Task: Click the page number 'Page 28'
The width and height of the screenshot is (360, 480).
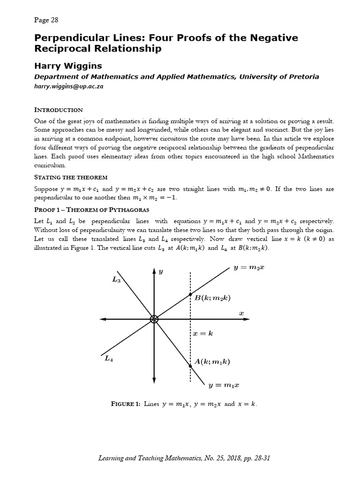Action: pyautogui.click(x=46, y=20)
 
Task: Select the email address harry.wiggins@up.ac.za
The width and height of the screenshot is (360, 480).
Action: pyautogui.click(x=68, y=87)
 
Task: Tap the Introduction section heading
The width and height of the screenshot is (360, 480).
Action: pyautogui.click(x=59, y=110)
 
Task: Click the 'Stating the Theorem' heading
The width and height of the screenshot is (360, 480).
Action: pyautogui.click(x=71, y=177)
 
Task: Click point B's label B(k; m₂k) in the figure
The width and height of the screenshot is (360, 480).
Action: pyautogui.click(x=212, y=297)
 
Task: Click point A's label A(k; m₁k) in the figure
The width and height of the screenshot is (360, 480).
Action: pyautogui.click(x=212, y=361)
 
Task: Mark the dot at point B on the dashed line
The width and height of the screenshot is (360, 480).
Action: pyautogui.click(x=190, y=294)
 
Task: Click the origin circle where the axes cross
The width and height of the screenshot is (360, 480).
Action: pyautogui.click(x=154, y=319)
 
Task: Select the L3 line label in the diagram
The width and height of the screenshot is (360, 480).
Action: pyautogui.click(x=116, y=279)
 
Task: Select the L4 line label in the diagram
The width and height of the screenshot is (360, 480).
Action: pyautogui.click(x=109, y=359)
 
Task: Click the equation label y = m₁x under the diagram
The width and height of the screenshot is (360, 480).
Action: pyautogui.click(x=224, y=385)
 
